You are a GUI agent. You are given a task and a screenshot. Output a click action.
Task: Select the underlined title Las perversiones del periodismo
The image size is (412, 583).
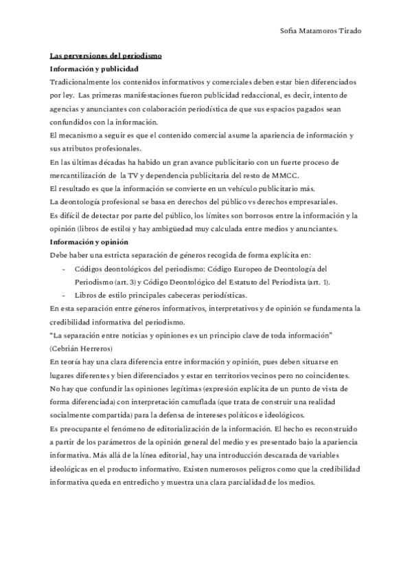tap(105, 56)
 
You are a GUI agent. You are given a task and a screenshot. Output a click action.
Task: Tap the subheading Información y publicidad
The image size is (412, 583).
tap(94, 69)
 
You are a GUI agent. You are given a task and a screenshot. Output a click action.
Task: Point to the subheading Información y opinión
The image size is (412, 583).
tap(88, 243)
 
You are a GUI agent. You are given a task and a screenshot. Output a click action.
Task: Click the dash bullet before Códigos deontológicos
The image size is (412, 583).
tap(65, 269)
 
